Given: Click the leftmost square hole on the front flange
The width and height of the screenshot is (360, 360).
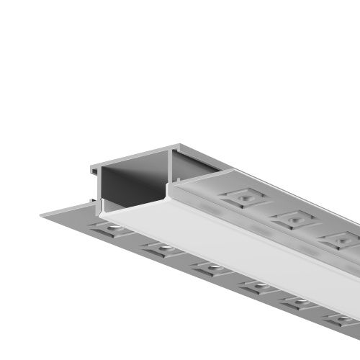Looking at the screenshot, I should click(x=109, y=229).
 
